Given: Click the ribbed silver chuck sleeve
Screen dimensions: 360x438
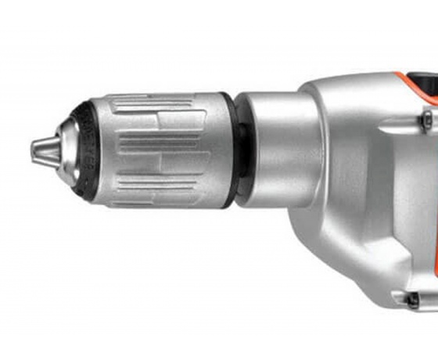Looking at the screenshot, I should click(x=156, y=149).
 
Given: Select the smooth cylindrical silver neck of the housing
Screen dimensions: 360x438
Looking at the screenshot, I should click(x=278, y=149).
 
